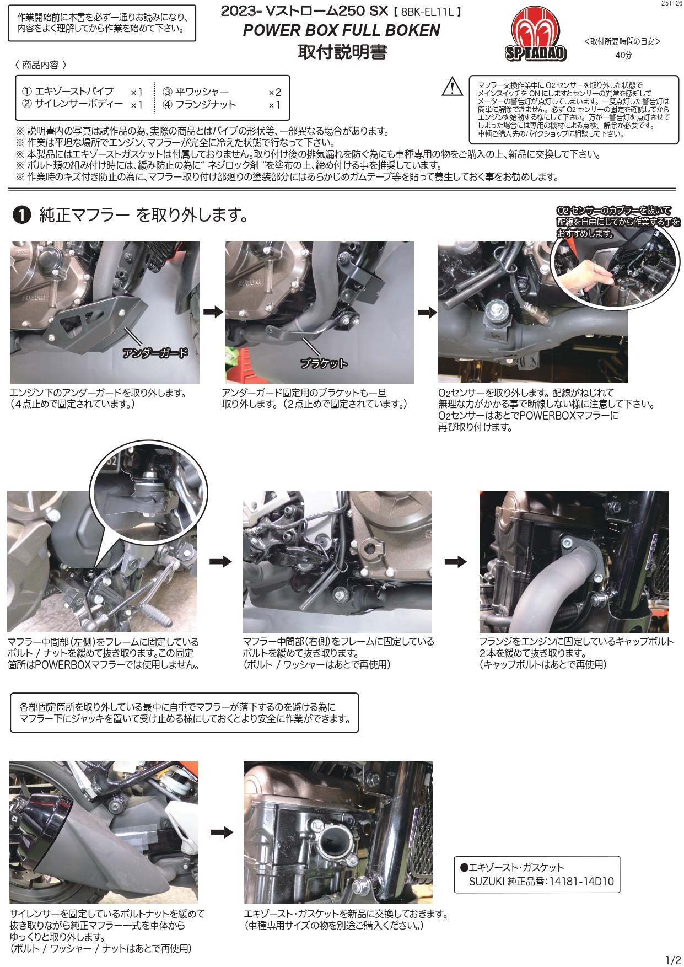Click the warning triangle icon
pyautogui.click(x=453, y=87)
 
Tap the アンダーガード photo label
pyautogui.click(x=155, y=353)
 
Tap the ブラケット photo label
pyautogui.click(x=324, y=363)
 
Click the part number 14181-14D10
pyautogui.click(x=581, y=882)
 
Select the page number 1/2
pyautogui.click(x=673, y=960)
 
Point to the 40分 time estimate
pyautogui.click(x=623, y=55)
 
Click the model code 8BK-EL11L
pyautogui.click(x=428, y=12)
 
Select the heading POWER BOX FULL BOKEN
pyautogui.click(x=341, y=30)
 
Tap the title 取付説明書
pyautogui.click(x=342, y=52)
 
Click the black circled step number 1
pyautogui.click(x=21, y=215)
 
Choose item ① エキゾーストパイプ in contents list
pyautogui.click(x=68, y=92)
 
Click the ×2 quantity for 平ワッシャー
pyautogui.click(x=274, y=92)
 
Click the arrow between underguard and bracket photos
pyautogui.click(x=213, y=312)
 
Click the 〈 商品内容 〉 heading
pyautogui.click(x=41, y=65)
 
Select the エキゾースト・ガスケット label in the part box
pyautogui.click(x=512, y=867)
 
